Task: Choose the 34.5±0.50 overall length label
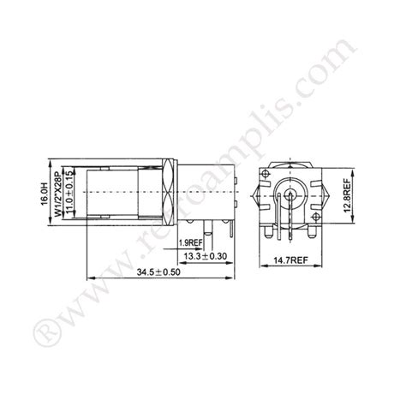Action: coord(161,273)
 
